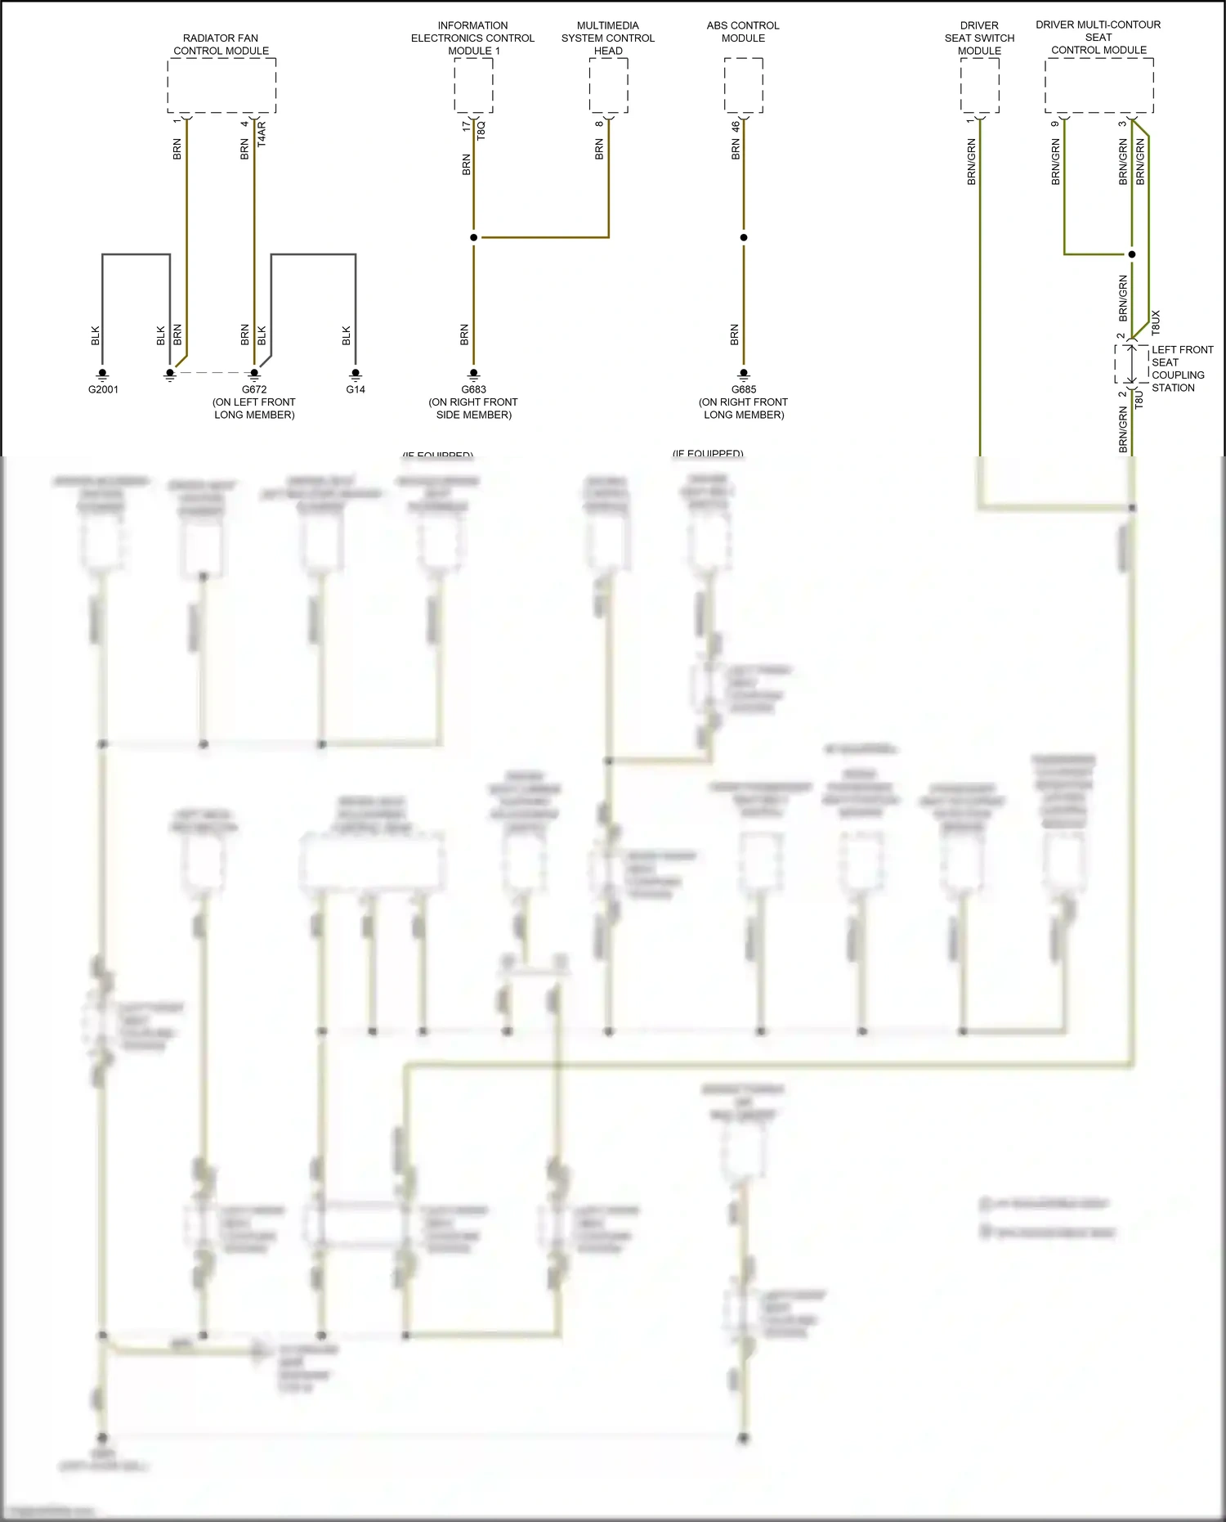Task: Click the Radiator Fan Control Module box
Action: click(221, 86)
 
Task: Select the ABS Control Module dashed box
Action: click(743, 86)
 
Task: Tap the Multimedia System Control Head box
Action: click(608, 86)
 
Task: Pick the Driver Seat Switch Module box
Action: click(979, 86)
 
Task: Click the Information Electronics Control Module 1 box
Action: click(473, 86)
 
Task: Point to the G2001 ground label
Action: click(103, 389)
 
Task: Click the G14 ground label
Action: click(356, 389)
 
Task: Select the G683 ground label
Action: click(473, 389)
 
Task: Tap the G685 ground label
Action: click(743, 389)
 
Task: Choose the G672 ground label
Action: click(254, 389)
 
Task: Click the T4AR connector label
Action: click(262, 133)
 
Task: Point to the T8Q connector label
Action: click(481, 130)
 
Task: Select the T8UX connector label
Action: click(1156, 322)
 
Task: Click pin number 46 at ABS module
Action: click(736, 126)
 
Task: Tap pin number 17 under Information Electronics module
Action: click(466, 126)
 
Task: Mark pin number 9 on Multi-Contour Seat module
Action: click(1055, 123)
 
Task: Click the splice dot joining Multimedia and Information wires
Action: click(473, 237)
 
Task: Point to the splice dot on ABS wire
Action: click(743, 237)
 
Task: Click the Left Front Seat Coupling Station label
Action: click(1182, 369)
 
